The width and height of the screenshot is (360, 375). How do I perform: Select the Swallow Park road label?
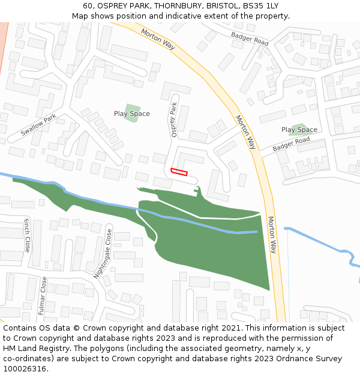(38, 124)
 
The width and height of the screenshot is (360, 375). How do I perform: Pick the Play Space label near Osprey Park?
(131, 113)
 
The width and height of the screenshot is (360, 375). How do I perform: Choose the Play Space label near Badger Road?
(299, 130)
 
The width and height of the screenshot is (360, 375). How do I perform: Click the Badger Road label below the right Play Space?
(291, 144)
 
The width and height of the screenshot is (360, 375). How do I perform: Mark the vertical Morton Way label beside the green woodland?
(272, 235)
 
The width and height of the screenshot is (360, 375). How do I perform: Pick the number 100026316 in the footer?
(26, 369)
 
